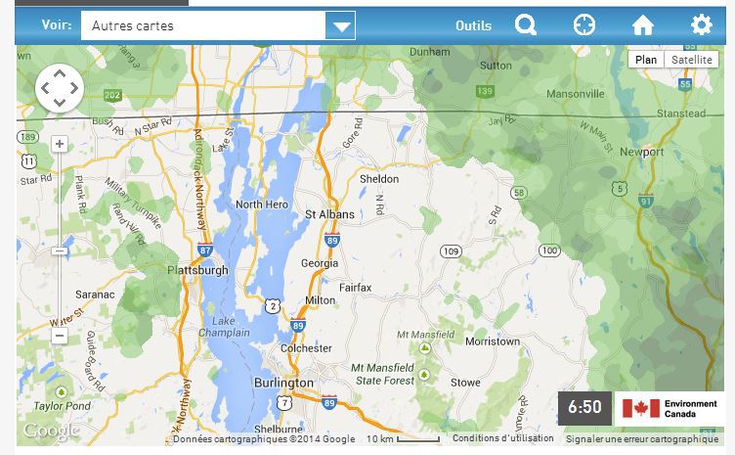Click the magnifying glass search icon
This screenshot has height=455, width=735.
(526, 25)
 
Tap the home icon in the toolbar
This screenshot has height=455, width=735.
(642, 25)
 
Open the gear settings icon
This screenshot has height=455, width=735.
(702, 25)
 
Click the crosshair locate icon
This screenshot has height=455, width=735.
(584, 25)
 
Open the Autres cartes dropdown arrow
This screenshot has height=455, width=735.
(340, 26)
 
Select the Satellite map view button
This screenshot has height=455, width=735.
(691, 60)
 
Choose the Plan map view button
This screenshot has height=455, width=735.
(646, 60)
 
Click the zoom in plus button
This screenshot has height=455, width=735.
(60, 144)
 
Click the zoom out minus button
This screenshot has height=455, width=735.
(60, 336)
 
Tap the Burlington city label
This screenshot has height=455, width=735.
(283, 383)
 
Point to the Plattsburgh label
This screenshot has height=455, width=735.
(197, 270)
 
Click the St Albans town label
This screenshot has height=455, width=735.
(329, 213)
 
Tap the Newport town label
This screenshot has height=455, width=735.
(641, 153)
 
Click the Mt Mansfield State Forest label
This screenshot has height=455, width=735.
(383, 374)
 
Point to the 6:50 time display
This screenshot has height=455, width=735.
(584, 407)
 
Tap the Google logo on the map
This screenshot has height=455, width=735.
(51, 431)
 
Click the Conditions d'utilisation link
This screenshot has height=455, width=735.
(503, 439)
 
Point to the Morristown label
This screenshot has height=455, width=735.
(493, 342)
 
